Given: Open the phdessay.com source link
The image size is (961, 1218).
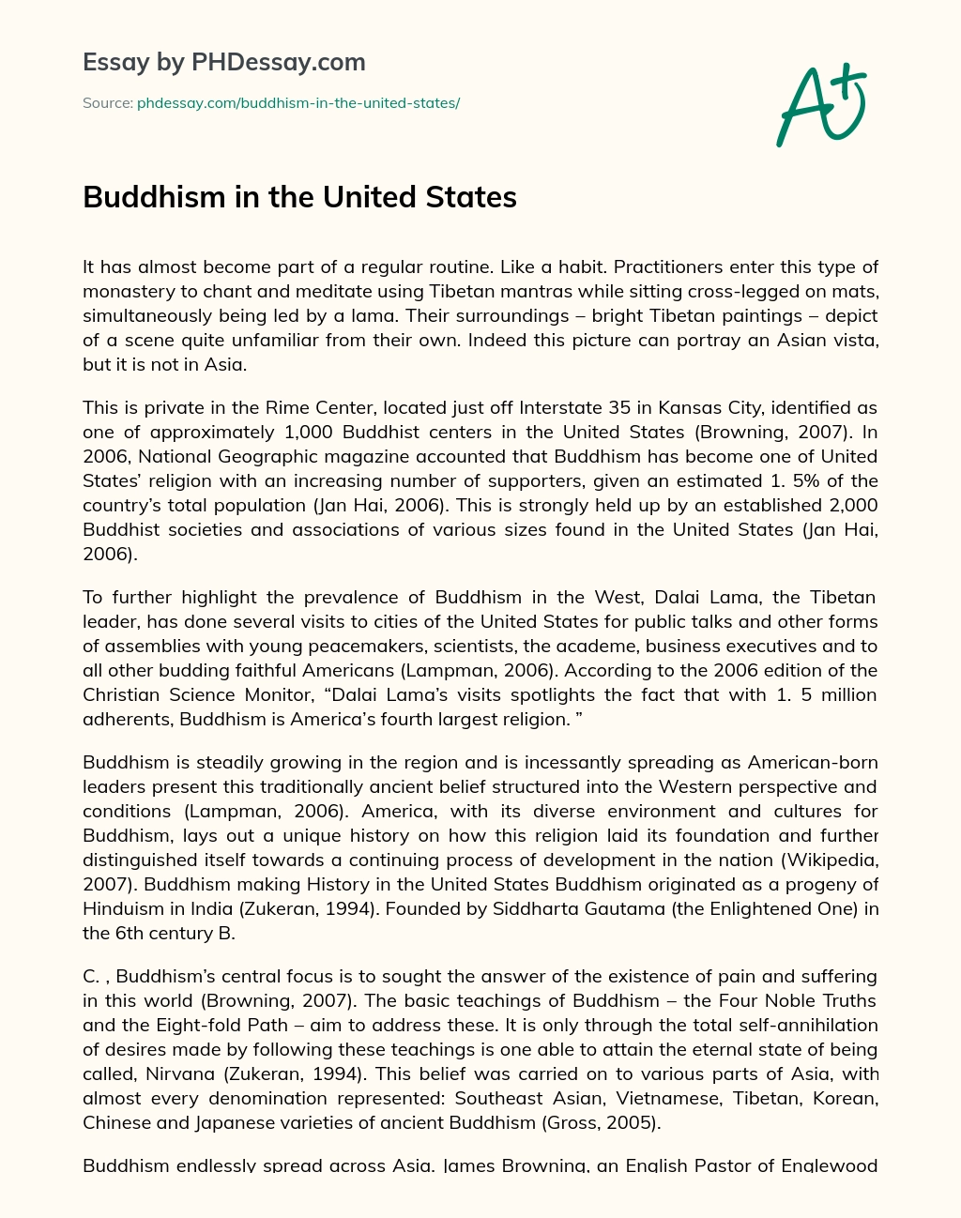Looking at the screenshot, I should click(x=298, y=102).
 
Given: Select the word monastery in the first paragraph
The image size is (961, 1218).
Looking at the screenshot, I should click(x=125, y=291).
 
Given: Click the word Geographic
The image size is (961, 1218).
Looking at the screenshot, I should click(x=272, y=456).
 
